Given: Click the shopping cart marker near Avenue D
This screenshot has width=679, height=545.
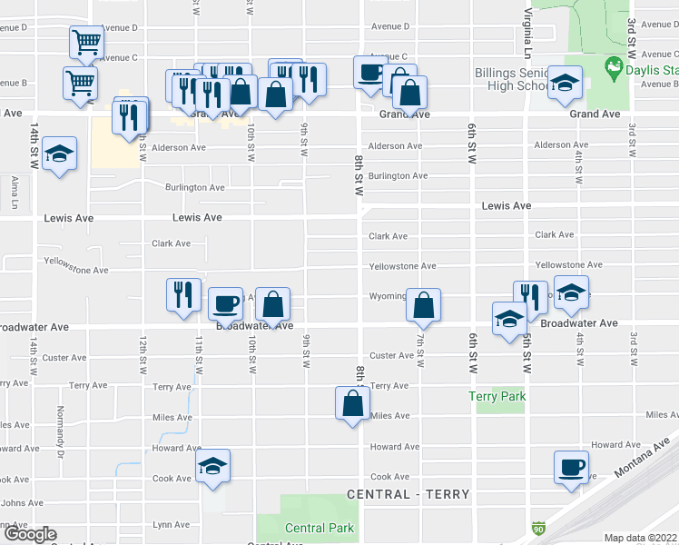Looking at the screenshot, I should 84,43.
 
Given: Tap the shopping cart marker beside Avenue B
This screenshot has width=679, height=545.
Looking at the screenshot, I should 80,84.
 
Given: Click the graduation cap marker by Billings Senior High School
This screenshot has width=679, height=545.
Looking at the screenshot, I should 564,84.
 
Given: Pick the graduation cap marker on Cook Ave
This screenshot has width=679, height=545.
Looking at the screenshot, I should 213,467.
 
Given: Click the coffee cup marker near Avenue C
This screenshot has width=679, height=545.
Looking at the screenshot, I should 369,73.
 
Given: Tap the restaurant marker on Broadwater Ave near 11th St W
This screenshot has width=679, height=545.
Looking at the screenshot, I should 183,294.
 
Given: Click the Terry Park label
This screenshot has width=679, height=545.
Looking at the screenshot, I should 497,397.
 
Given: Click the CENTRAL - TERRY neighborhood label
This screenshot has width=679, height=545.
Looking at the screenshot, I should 408,495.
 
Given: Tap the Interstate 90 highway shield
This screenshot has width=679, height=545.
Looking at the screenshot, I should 538,527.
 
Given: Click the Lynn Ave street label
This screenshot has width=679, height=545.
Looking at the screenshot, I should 172,525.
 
